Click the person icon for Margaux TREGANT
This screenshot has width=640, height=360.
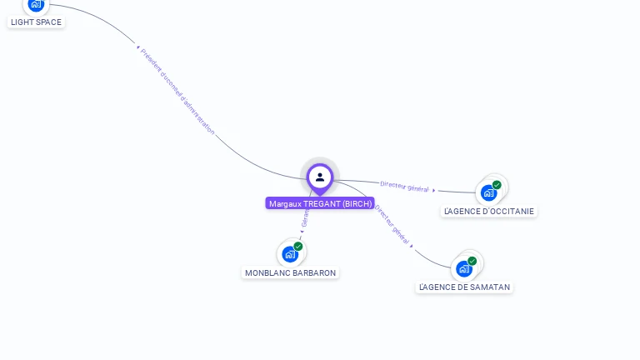(320, 177)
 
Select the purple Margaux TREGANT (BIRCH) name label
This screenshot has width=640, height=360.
(320, 203)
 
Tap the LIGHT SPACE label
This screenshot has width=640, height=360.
(37, 22)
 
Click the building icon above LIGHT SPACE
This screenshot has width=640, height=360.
(35, 4)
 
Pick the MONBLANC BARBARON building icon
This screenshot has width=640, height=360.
(289, 254)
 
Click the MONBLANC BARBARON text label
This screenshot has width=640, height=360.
(291, 272)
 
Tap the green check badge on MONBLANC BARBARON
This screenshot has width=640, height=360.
(298, 246)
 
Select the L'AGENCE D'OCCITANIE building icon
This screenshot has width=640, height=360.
(488, 192)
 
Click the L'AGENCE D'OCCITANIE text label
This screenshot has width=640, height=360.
(489, 211)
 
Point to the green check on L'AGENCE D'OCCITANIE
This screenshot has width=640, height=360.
(497, 185)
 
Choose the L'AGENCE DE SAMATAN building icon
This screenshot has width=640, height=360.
(463, 268)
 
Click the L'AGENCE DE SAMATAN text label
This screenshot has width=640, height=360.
(464, 287)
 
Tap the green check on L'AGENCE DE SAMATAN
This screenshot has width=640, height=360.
(472, 261)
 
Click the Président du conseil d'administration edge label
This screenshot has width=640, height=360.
(177, 91)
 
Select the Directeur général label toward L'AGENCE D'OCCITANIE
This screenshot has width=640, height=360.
(404, 187)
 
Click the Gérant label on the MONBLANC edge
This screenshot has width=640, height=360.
(305, 219)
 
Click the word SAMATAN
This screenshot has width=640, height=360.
(491, 287)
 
